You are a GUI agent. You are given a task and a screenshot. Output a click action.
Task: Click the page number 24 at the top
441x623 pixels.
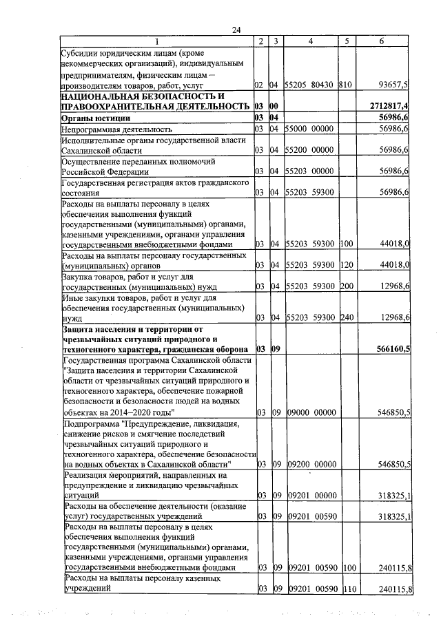(x=236, y=30)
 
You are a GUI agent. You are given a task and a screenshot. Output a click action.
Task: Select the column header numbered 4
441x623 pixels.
(x=311, y=41)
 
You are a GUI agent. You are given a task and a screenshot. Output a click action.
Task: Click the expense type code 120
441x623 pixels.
(x=346, y=265)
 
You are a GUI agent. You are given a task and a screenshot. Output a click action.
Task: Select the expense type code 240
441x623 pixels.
(x=346, y=317)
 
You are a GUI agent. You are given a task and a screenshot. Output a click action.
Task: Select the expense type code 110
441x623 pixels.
(x=346, y=589)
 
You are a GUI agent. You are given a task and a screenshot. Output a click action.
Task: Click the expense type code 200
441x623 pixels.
(x=346, y=286)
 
